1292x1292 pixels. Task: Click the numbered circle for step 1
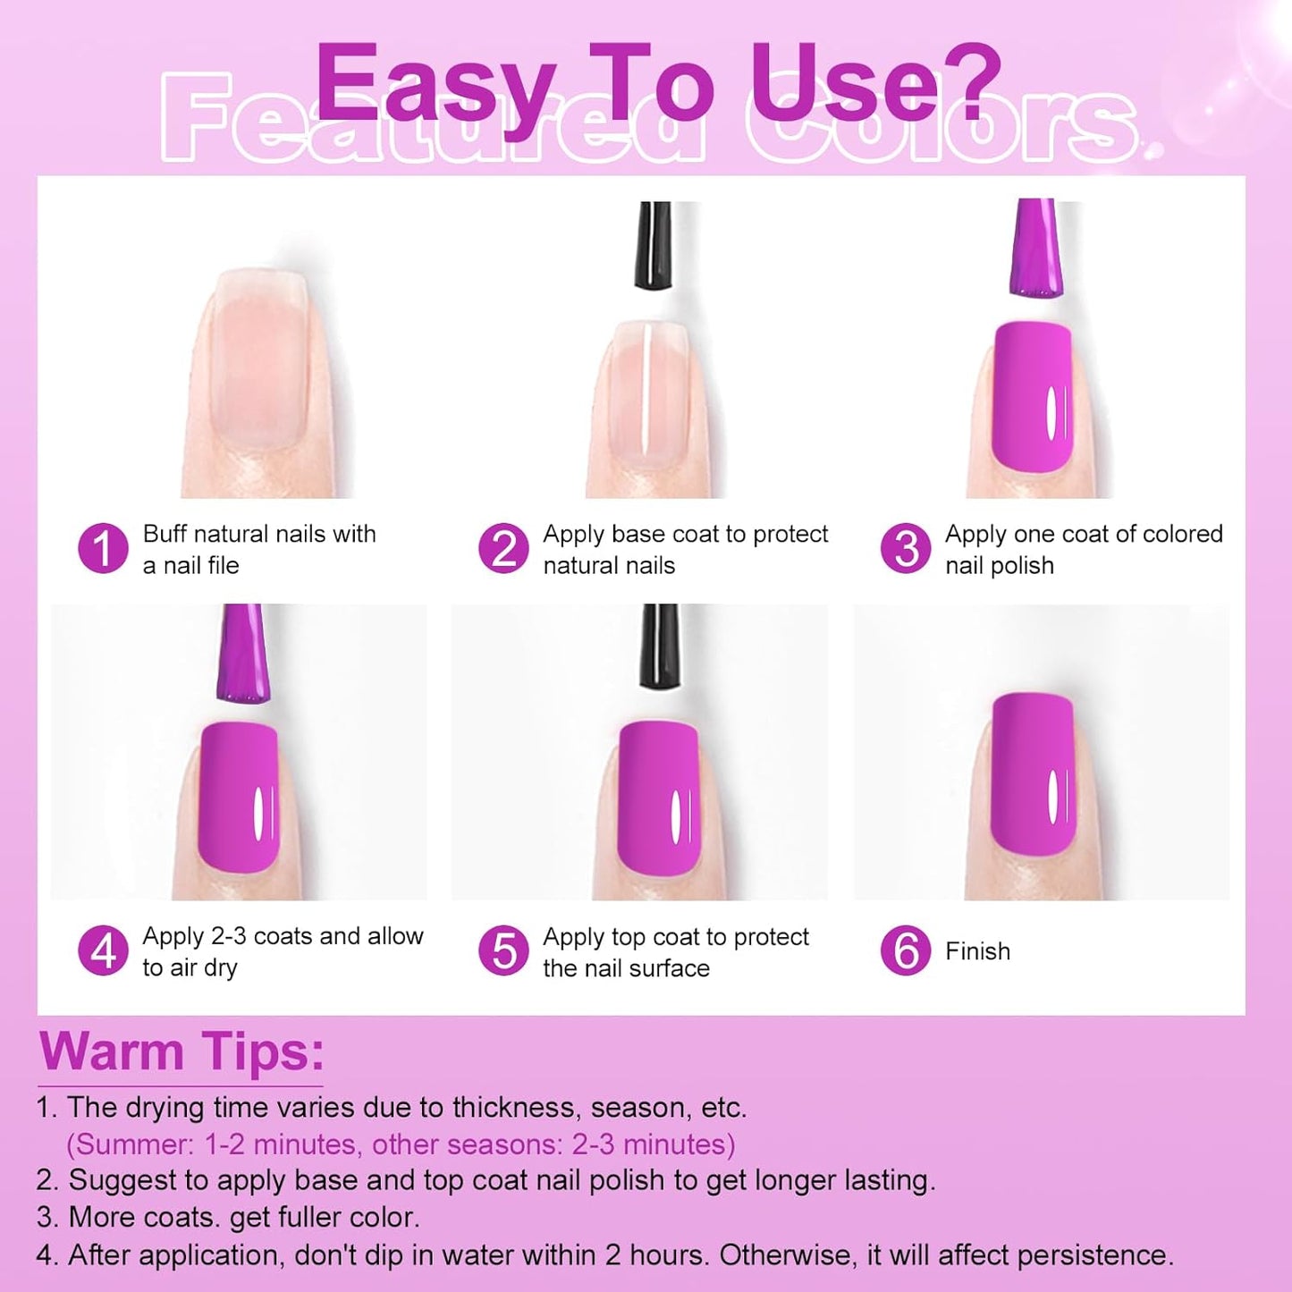pos(103,549)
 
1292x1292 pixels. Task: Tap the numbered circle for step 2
pos(503,549)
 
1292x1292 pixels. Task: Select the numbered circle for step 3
pos(906,549)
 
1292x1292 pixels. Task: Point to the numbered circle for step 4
pos(103,950)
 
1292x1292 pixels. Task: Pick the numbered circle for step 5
pos(503,950)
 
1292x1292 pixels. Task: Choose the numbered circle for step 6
pos(906,950)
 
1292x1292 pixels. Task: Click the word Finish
pos(977,951)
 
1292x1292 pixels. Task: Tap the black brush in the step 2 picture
pos(653,245)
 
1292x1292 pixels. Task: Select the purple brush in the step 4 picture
pos(241,653)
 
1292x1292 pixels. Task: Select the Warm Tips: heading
pos(182,1051)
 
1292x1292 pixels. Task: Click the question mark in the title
pos(972,80)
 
